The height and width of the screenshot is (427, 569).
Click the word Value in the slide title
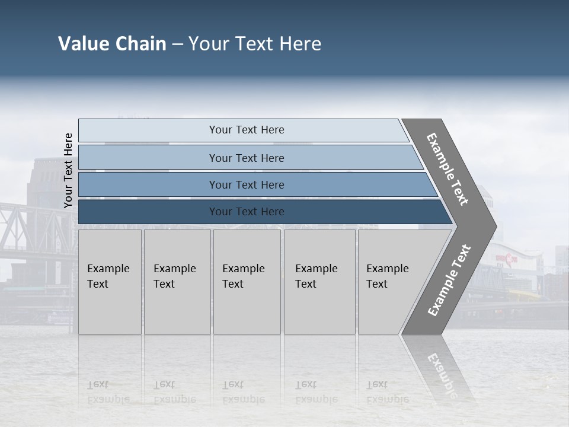[83, 44]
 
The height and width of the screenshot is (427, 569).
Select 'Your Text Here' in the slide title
[255, 44]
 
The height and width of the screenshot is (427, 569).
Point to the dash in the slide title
[177, 44]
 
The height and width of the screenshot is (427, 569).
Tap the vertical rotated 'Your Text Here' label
[68, 170]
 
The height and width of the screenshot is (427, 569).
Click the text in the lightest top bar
[247, 130]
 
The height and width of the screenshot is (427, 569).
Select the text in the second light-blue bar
[247, 158]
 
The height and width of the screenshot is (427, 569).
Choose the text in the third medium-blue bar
[247, 184]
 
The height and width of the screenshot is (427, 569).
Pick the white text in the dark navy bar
[247, 212]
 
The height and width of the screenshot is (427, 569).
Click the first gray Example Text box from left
[110, 282]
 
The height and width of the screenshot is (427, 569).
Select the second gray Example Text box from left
[177, 282]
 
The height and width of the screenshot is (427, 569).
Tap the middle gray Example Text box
[247, 282]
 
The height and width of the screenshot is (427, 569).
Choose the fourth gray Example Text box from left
[319, 282]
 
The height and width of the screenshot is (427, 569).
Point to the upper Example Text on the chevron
[447, 169]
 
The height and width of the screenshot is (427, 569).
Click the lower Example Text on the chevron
[449, 280]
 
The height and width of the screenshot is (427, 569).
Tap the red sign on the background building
[507, 258]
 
